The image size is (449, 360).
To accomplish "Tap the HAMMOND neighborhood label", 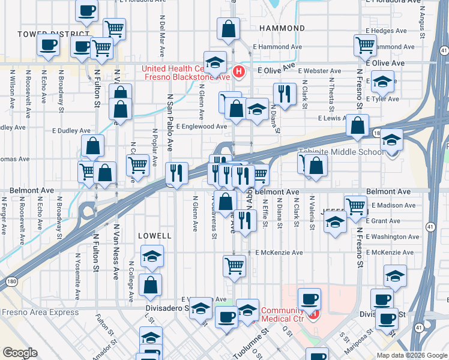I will click(x=282, y=28).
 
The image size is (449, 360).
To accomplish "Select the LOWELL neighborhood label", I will click(x=155, y=236).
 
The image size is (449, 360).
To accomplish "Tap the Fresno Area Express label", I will click(x=40, y=312).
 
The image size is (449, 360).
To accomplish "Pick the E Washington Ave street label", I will click(x=394, y=237).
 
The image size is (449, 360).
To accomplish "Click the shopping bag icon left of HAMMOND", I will click(x=229, y=29).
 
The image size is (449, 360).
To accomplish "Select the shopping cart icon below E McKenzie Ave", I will click(x=234, y=265).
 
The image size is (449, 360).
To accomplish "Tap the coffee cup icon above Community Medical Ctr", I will click(x=309, y=298).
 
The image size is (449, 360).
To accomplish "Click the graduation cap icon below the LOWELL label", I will click(x=152, y=257).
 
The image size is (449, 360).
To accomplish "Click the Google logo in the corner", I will click(x=20, y=353).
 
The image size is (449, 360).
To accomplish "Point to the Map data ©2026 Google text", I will click(x=411, y=355).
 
